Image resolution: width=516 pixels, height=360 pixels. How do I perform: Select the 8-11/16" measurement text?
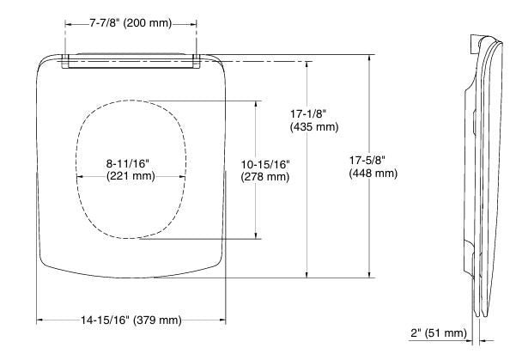[x=131, y=162]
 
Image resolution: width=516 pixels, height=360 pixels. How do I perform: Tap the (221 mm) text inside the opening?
[x=131, y=175]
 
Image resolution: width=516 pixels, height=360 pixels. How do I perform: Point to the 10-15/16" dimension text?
[x=266, y=164]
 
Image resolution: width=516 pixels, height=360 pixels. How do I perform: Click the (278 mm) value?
[x=266, y=177]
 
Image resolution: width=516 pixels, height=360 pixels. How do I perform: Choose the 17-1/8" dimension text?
[x=313, y=113]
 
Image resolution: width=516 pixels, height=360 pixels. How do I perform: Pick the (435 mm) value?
[x=313, y=126]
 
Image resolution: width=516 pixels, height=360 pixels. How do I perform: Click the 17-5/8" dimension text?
[x=373, y=160]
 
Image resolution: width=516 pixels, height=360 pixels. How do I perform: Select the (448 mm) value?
[x=373, y=173]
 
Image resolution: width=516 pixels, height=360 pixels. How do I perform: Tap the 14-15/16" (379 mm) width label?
[x=131, y=320]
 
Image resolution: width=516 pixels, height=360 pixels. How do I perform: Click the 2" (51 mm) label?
[x=439, y=333]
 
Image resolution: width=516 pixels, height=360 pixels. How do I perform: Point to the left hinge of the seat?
[x=66, y=60]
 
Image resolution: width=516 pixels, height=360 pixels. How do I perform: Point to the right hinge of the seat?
[x=197, y=60]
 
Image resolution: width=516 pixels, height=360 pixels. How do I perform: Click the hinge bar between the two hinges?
[x=131, y=60]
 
